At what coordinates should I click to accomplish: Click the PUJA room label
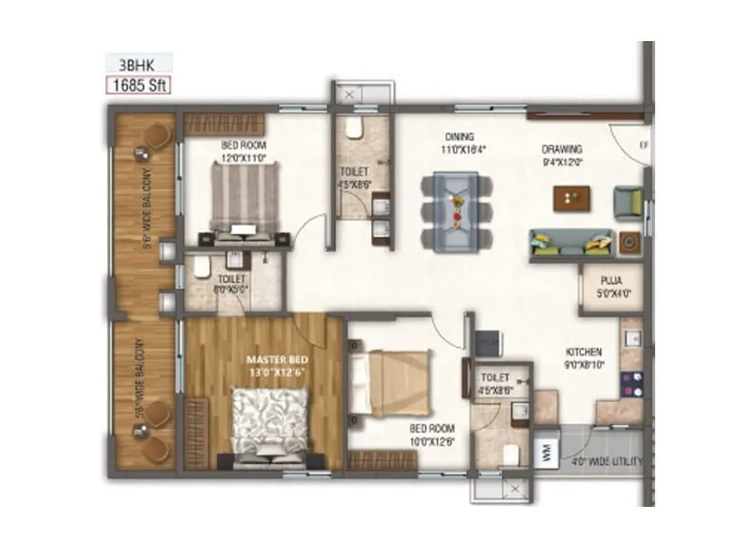(x=601, y=282)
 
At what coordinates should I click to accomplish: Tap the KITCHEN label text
(x=582, y=352)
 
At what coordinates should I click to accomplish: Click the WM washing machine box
(x=546, y=453)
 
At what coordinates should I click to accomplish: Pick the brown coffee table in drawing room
(x=573, y=196)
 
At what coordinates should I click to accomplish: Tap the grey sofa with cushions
(x=572, y=241)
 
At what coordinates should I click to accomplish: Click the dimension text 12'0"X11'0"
(x=242, y=157)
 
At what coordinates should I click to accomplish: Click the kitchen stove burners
(x=630, y=385)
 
